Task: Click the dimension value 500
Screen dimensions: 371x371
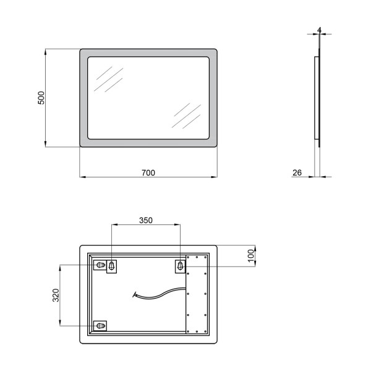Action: [41, 98]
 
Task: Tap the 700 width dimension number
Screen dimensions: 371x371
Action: [148, 173]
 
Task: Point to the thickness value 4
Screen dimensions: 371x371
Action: [320, 30]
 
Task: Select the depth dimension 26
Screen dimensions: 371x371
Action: [297, 173]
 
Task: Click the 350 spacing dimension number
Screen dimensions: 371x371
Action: [146, 220]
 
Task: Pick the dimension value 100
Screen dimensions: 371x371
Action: [251, 256]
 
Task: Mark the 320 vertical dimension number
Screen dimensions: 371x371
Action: [56, 295]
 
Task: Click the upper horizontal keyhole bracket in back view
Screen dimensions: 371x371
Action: [100, 265]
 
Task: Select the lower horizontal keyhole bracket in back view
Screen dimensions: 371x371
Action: [100, 326]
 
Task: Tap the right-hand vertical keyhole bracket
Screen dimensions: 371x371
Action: [180, 266]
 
